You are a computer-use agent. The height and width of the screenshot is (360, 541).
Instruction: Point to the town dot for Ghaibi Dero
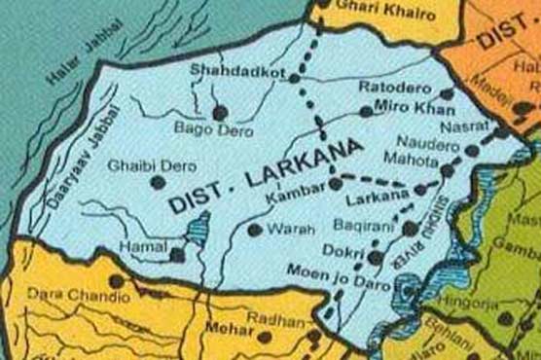(155, 182)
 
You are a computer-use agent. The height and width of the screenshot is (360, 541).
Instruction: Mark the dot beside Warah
(255, 231)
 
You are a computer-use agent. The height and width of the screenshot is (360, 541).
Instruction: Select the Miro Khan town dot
(366, 112)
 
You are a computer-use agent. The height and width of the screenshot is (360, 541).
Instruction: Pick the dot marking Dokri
(375, 256)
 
